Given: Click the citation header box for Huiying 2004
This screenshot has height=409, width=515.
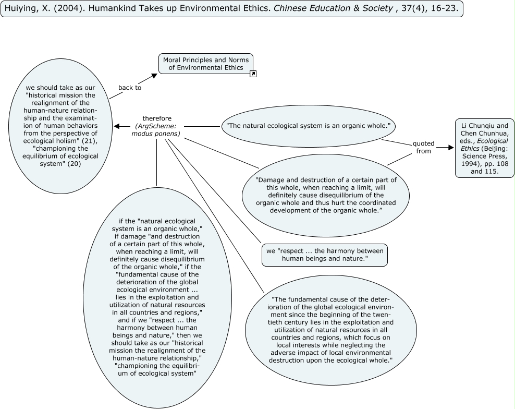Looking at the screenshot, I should (x=232, y=9).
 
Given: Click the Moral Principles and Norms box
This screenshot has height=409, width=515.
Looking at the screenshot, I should (x=206, y=64).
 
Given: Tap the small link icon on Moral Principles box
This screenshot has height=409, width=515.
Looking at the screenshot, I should (x=253, y=74).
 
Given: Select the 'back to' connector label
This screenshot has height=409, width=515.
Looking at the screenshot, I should (x=130, y=88).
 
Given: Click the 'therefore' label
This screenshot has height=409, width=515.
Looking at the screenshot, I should (x=157, y=118).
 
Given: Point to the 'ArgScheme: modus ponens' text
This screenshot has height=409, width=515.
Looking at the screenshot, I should (x=157, y=130).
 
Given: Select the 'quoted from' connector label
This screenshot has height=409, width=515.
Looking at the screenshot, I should (x=423, y=147).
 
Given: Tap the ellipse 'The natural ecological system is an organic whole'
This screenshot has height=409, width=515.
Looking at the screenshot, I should (x=309, y=126).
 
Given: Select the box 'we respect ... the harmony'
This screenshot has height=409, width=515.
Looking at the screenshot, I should (x=324, y=255).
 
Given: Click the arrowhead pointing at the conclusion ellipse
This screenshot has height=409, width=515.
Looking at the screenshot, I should (x=117, y=126).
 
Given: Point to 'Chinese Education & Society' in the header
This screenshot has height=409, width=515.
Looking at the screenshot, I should (x=320, y=9).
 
